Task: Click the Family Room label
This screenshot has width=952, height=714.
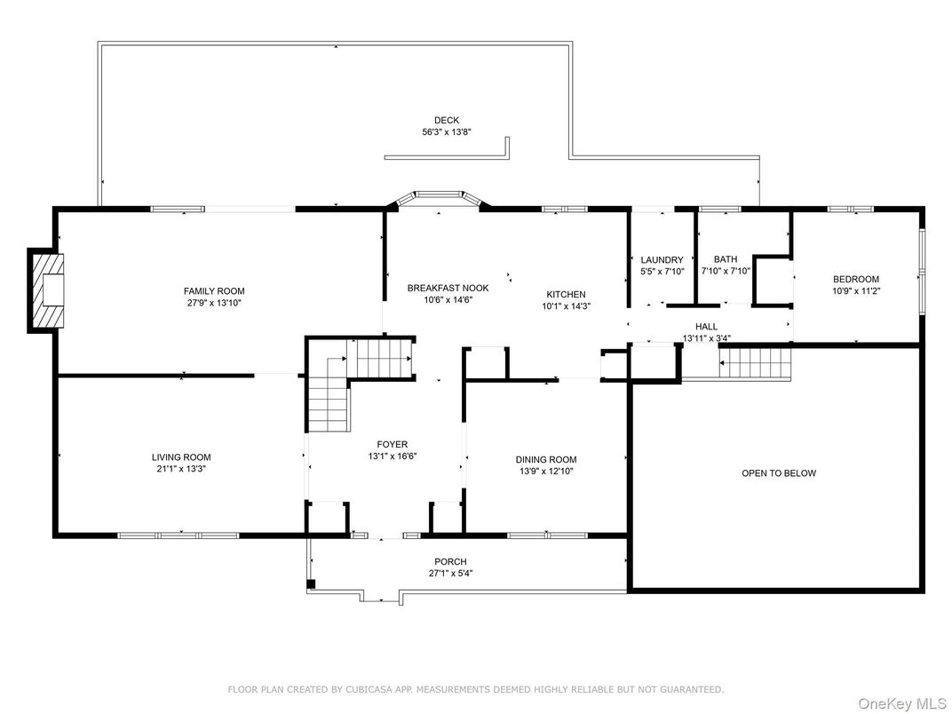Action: coord(214,291)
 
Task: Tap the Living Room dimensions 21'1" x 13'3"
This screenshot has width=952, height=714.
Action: coord(181,469)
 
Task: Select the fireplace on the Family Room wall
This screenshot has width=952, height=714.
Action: coord(45,290)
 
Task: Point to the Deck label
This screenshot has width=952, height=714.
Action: coord(447,120)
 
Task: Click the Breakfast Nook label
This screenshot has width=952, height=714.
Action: coord(448,288)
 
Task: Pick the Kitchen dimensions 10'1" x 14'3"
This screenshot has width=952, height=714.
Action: coord(567,306)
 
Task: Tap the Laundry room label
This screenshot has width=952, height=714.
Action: coord(662,260)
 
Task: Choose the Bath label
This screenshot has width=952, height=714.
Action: coord(726,259)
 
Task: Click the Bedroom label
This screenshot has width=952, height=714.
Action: coord(856,279)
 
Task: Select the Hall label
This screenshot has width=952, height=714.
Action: coord(707,327)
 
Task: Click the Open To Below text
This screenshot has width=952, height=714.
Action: coord(779,473)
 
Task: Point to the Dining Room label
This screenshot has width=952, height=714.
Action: coord(546,460)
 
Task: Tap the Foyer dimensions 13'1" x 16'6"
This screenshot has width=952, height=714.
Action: coord(393,456)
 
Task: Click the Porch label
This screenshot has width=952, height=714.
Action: coord(450,561)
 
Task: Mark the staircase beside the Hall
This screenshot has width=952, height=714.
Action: coord(756,362)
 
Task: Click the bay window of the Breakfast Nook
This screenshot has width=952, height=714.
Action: coord(439,198)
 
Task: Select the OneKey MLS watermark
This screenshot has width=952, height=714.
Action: coord(903,703)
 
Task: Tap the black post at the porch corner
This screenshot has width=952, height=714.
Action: coord(311,584)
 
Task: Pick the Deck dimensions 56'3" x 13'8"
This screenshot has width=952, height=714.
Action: coord(447,131)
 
